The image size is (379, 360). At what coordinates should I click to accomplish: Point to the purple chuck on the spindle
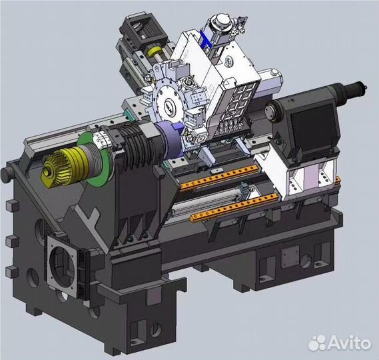tap(171, 142)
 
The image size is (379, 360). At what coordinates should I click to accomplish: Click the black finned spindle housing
tap(137, 144)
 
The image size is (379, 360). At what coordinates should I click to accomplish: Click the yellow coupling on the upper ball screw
tap(155, 51)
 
